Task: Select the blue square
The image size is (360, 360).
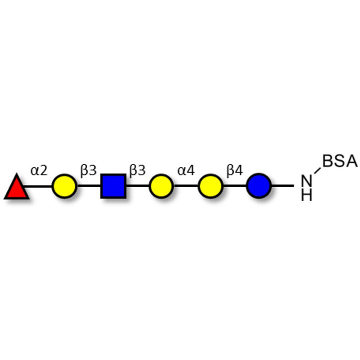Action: click(113, 186)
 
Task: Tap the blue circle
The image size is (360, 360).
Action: click(259, 186)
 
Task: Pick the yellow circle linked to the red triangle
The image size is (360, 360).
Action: click(64, 186)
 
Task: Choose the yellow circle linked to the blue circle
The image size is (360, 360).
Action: click(211, 186)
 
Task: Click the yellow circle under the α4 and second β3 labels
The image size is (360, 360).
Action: click(161, 186)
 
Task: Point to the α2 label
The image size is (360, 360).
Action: click(39, 171)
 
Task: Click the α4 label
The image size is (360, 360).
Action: click(186, 171)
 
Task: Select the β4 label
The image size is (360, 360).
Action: click(234, 171)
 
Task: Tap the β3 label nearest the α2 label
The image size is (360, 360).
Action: click(88, 171)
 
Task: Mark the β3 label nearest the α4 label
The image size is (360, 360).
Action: click(138, 171)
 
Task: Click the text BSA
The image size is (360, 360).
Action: click(340, 161)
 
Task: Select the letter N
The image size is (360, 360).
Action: click(307, 181)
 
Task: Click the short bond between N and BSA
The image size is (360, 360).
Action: click(317, 171)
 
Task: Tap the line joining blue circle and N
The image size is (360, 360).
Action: click(283, 186)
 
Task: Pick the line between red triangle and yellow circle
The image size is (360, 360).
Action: click(38, 186)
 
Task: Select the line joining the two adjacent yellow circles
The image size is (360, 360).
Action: click(186, 186)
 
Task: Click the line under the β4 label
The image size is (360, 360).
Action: click(235, 186)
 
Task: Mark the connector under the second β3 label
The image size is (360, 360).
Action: click(137, 186)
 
